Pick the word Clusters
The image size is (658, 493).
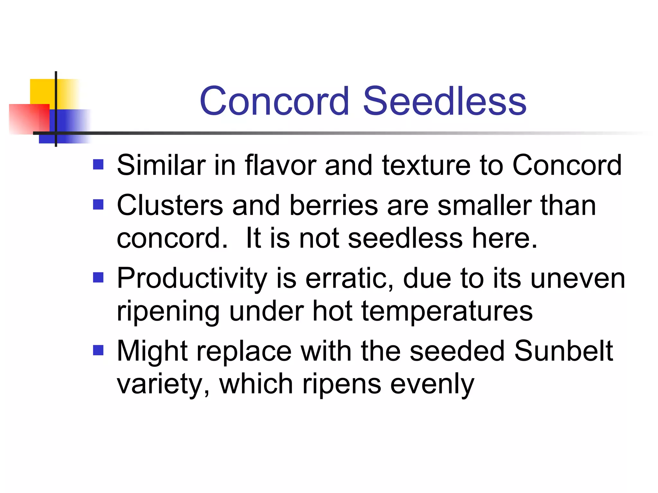pyautogui.click(x=170, y=205)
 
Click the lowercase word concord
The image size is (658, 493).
pyautogui.click(x=172, y=238)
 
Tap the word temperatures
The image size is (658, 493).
pyautogui.click(x=447, y=311)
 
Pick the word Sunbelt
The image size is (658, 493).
pyautogui.click(x=564, y=351)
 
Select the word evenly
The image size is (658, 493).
pyautogui.click(x=432, y=384)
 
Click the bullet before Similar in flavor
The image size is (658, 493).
pyautogui.click(x=98, y=165)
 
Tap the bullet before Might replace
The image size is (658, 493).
pyautogui.click(x=98, y=350)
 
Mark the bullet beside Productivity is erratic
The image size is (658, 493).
pyautogui.click(x=98, y=277)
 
